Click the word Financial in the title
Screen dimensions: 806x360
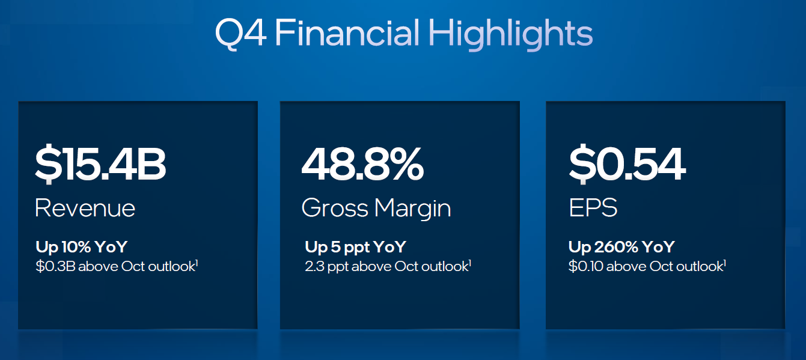pos(347,32)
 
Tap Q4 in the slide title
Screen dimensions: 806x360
pos(241,34)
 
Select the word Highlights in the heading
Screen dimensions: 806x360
pos(510,34)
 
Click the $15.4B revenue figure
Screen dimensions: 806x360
pos(100,164)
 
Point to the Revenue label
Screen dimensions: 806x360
pos(85,208)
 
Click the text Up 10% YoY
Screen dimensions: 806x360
pos(82,247)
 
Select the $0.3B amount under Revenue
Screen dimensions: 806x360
pos(55,266)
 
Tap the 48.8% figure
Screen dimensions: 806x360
pos(362,164)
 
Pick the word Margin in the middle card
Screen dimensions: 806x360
pos(413,209)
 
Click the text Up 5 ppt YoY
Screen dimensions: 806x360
pos(355,248)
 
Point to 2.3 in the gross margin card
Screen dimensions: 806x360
pos(314,266)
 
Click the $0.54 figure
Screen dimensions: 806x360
pos(627,164)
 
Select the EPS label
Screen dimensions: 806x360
pos(593,207)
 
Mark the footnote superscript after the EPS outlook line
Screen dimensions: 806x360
pos(724,263)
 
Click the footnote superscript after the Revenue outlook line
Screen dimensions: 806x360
pos(197,263)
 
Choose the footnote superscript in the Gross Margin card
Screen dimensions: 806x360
pos(469,263)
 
